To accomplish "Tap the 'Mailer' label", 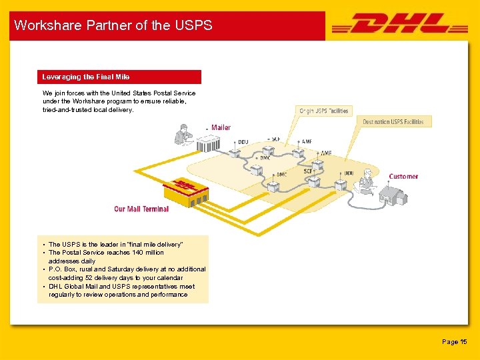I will coord(221,127).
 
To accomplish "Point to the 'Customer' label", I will coord(403,177).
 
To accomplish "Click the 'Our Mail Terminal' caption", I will coord(141,209).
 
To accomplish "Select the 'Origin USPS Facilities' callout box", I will coord(323,111).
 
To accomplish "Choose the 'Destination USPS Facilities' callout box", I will coord(393,122).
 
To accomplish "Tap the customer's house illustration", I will coord(393,194).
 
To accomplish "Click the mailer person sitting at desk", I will coord(183,135).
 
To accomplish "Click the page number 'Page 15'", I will coord(455,342).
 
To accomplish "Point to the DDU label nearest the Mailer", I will coord(243,142).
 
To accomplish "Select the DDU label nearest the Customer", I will coord(349,173).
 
